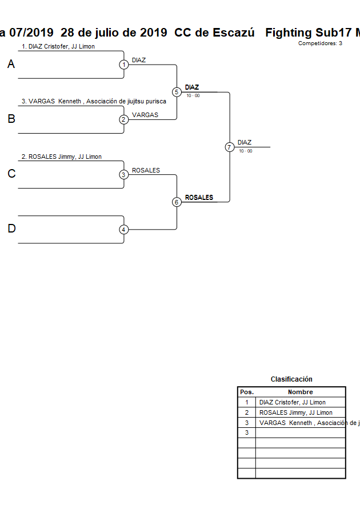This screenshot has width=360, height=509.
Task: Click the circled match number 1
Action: pos(124,65)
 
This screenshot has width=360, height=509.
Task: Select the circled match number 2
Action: pos(124,119)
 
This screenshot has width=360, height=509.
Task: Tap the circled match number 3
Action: pos(124,175)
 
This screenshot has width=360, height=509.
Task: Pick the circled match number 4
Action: pos(124,230)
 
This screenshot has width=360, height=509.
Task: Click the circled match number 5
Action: pos(177,92)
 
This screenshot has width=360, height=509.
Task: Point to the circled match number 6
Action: pos(177,202)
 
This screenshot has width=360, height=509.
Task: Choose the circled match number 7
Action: pos(229,147)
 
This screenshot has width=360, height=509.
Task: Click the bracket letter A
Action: pos(11,65)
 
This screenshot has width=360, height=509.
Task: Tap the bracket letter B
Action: pos(11,119)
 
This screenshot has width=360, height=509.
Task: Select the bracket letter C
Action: pos(11,174)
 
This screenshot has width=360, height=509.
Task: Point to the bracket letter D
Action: pos(11,229)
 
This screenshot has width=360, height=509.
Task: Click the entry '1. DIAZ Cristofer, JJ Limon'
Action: pos(58,46)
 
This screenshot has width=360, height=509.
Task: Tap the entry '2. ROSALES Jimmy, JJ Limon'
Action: pos(62,157)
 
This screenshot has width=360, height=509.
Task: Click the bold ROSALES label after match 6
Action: pos(199,198)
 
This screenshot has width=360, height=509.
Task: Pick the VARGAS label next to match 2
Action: pos(145,115)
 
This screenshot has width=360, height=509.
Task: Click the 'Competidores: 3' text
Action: pos(320,43)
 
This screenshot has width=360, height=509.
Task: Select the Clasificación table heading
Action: pos(291,379)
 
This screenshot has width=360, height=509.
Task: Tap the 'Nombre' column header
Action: pos(300,392)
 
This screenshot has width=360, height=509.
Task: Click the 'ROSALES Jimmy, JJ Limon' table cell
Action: pos(296,412)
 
